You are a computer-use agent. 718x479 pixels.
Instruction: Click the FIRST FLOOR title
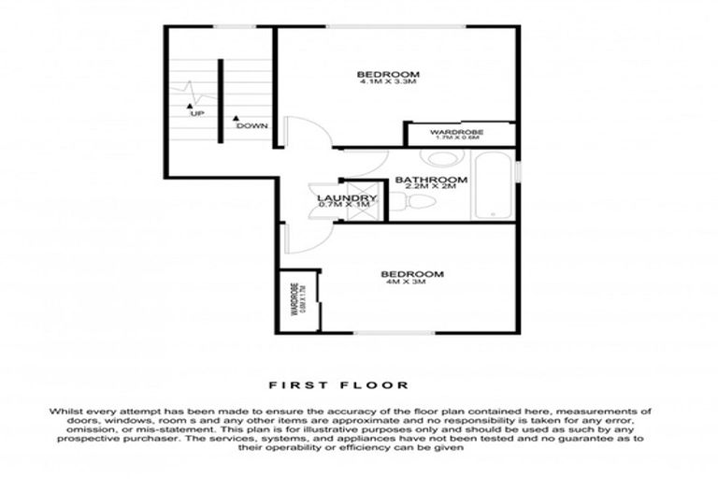click(338, 385)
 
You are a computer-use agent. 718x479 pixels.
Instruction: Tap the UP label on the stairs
click(196, 114)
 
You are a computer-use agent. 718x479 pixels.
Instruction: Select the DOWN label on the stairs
click(251, 125)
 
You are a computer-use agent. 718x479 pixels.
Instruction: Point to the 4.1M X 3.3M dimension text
click(388, 82)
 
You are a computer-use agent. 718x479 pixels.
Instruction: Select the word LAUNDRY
click(347, 198)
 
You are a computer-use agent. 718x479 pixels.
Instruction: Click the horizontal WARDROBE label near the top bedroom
click(457, 133)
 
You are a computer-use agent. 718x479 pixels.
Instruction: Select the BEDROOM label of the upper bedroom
click(388, 74)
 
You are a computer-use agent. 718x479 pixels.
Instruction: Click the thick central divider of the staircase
click(221, 101)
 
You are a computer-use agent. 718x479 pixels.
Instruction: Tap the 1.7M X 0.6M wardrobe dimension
click(457, 139)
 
